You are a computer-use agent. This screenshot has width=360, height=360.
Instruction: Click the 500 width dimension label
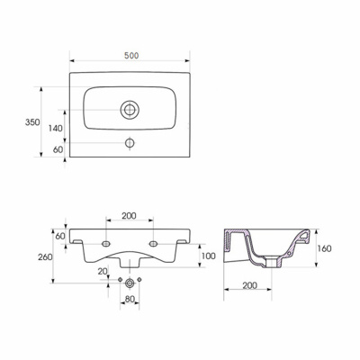point(131,56)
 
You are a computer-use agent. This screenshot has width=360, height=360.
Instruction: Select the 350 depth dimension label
point(32,122)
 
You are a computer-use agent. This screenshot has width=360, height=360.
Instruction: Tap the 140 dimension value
point(56,129)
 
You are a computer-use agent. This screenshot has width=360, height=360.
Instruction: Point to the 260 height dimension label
point(45,257)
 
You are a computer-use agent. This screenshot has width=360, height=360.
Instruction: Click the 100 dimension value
point(208,256)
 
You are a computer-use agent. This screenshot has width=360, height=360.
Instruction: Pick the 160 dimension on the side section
point(324,248)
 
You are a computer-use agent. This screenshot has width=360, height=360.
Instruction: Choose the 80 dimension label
point(130,299)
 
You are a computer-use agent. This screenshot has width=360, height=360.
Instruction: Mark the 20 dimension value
point(103,271)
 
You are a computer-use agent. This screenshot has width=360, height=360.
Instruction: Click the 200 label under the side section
point(249,285)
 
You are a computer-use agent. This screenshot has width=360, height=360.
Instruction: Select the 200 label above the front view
point(129,215)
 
